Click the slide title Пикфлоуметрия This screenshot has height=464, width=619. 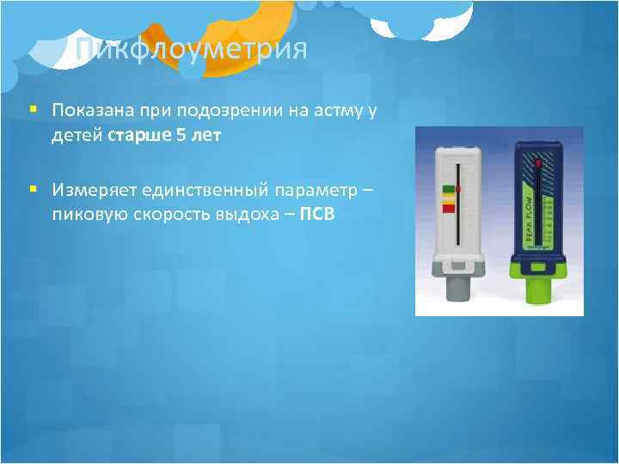(x=190, y=49)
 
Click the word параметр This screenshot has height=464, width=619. (x=316, y=188)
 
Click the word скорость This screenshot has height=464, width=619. (x=165, y=211)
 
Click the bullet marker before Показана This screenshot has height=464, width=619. (x=33, y=111)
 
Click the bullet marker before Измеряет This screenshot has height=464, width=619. (x=33, y=188)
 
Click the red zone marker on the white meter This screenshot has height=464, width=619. (x=448, y=209)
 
